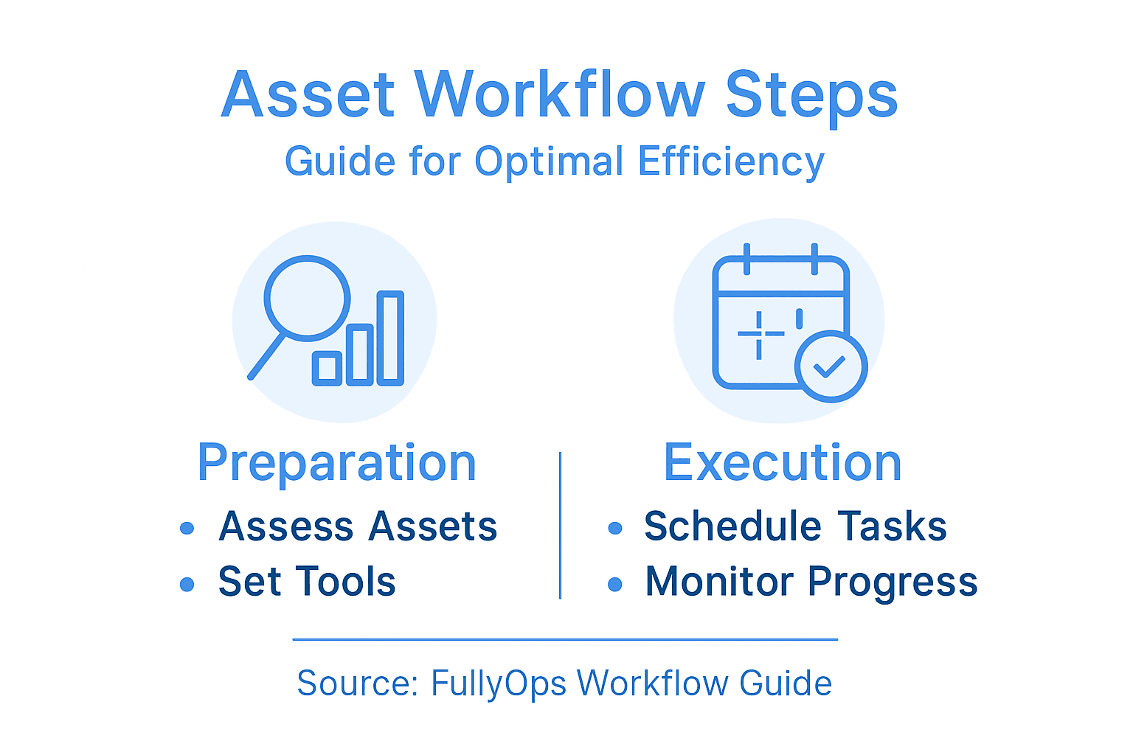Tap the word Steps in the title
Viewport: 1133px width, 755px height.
[811, 96]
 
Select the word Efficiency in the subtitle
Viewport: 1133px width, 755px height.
[731, 161]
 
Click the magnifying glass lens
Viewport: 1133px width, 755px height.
[307, 297]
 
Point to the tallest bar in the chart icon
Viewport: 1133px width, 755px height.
[390, 338]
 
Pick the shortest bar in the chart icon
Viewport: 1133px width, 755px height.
[326, 368]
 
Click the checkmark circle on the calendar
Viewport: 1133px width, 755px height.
[831, 366]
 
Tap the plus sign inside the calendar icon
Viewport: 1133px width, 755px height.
[759, 334]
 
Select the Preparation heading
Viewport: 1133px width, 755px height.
[336, 463]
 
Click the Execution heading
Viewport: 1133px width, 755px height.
[783, 463]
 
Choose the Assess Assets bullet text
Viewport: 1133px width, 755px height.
[358, 526]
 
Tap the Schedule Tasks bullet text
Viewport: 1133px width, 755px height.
[795, 526]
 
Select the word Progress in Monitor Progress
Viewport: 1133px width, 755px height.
[893, 582]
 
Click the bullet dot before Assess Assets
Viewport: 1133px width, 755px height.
[187, 528]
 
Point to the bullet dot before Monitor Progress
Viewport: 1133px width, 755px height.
[615, 585]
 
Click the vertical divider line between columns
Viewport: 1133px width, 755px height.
[561, 525]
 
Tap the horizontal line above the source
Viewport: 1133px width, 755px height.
[565, 639]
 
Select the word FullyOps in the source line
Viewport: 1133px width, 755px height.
[498, 683]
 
